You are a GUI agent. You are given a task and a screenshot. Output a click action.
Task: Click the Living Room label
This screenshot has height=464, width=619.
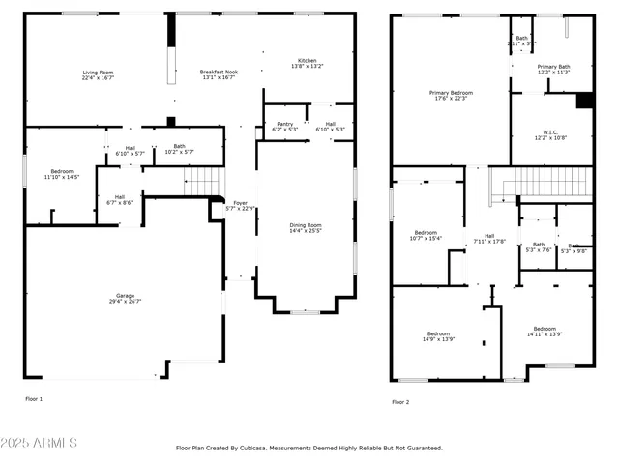coord(98,75)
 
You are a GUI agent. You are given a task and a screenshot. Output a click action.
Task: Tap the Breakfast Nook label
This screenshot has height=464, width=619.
coord(220,75)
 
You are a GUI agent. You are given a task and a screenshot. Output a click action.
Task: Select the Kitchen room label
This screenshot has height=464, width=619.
coord(307,64)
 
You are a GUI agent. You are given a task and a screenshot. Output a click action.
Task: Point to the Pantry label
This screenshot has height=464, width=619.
coord(284,127)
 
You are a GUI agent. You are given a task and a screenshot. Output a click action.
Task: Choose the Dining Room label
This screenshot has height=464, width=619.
coord(306,228)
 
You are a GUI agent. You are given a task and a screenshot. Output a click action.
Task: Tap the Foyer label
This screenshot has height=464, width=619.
coord(239,206)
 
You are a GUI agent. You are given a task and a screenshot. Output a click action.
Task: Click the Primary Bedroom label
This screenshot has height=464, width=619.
coord(451,95)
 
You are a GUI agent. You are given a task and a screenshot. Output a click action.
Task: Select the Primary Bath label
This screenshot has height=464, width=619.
coord(553,69)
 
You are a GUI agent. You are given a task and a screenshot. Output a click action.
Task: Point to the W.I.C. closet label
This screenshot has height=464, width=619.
coord(549,134)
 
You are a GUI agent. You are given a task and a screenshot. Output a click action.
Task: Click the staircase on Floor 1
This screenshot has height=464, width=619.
coord(204,181)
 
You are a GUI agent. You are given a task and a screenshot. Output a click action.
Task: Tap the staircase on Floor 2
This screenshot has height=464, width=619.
coord(542,183)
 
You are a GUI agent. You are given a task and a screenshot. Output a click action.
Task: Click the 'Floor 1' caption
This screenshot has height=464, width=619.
coord(34,398)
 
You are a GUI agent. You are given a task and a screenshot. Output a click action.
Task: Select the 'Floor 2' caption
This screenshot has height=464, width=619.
coord(400,402)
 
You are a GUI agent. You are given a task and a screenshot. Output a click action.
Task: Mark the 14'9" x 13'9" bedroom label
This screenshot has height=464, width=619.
coord(438,336)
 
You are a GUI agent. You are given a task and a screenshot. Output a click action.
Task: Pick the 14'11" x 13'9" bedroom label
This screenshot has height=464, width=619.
coord(545,331)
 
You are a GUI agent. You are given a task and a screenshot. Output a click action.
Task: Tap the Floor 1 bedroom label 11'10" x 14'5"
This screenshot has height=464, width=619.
coord(62,174)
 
